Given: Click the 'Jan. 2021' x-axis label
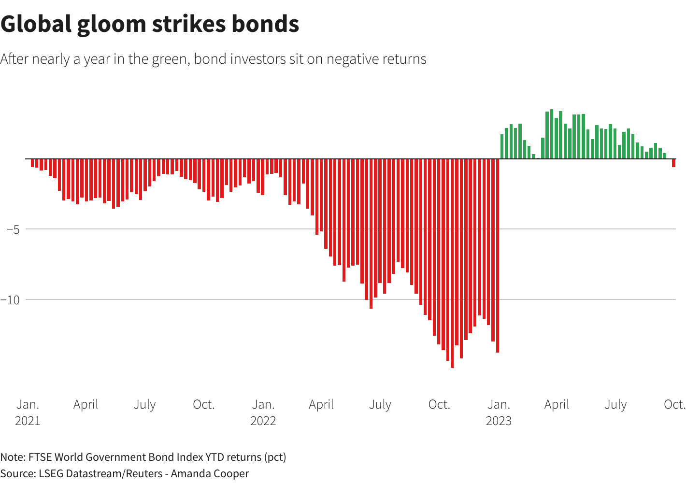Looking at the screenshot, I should click(x=28, y=412).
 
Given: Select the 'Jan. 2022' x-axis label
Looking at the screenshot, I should click(x=263, y=412).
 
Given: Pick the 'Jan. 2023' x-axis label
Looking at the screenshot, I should click(x=499, y=412).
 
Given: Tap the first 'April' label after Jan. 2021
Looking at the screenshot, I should click(x=86, y=404).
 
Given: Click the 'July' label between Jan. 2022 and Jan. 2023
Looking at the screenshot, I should click(x=380, y=404).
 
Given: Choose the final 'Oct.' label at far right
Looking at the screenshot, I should click(x=674, y=404).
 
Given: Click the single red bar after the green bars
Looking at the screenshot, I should click(x=673, y=163).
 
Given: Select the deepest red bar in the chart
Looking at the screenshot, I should click(x=452, y=263).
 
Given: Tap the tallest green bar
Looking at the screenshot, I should click(x=552, y=134).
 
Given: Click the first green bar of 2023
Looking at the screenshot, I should click(x=502, y=146).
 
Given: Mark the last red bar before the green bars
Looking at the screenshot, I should click(x=497, y=256).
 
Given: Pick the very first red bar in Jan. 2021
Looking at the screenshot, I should click(x=32, y=163).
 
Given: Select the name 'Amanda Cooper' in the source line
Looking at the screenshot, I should click(x=210, y=473).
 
